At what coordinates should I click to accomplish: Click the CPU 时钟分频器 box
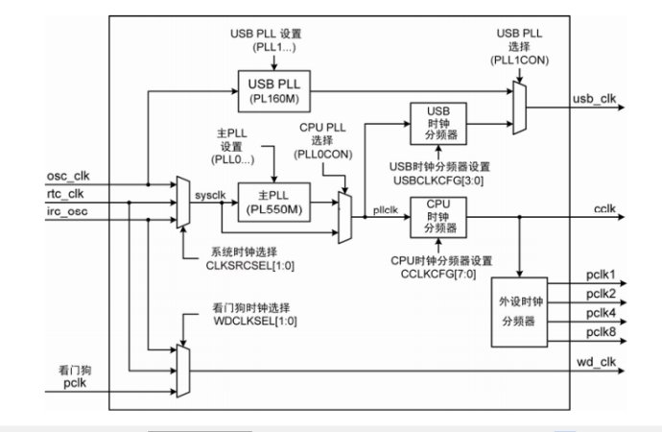pyautogui.click(x=438, y=217)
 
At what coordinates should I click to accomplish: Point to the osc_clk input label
pyautogui.click(x=68, y=176)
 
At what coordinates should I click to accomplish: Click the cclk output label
pyautogui.click(x=605, y=208)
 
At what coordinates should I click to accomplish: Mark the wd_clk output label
pyautogui.click(x=597, y=363)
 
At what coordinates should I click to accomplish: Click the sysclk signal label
pyautogui.click(x=209, y=195)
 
